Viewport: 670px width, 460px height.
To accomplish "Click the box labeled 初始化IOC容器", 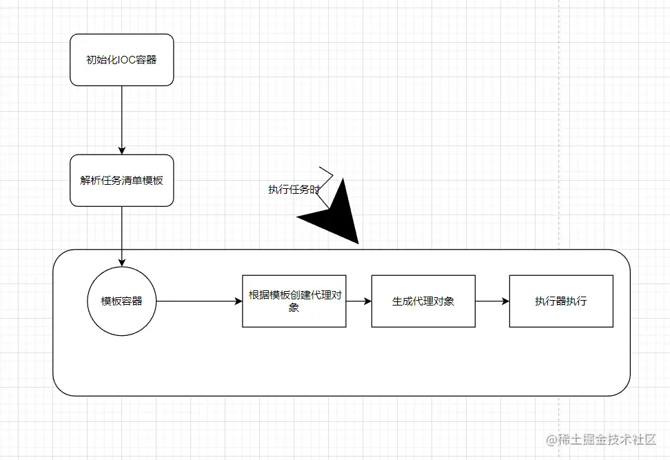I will click(121, 59).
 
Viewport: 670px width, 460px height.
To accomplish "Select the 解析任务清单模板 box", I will click(121, 180).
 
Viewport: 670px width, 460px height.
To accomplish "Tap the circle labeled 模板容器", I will click(121, 301).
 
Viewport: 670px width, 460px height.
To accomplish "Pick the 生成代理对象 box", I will click(423, 301).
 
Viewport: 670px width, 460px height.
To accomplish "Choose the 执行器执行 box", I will click(560, 301).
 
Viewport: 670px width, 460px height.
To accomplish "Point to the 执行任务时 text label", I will click(294, 189).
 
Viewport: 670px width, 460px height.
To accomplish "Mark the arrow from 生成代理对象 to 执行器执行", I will click(491, 301).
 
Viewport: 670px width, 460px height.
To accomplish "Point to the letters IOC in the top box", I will click(128, 59).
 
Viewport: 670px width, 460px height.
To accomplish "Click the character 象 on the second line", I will click(294, 308).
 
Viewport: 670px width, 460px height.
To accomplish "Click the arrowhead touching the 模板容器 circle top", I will click(121, 262).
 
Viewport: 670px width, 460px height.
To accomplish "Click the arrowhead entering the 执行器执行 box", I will click(505, 301).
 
